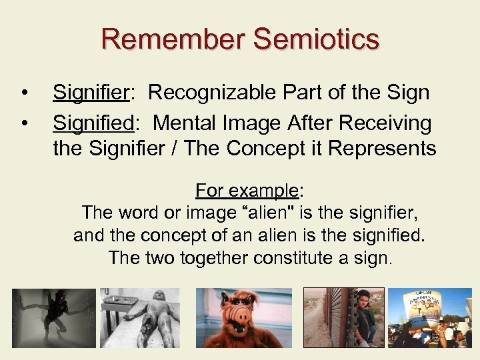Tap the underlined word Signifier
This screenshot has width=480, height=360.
click(90, 93)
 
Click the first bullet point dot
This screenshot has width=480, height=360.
click(24, 93)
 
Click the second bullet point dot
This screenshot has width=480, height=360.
click(24, 123)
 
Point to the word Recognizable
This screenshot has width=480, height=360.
click(207, 93)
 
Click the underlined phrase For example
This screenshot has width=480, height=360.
click(247, 191)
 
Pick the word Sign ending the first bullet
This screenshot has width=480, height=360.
click(407, 93)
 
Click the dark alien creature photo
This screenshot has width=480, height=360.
click(54, 317)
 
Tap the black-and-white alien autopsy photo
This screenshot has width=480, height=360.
click(140, 317)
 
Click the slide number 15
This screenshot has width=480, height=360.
click(434, 337)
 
